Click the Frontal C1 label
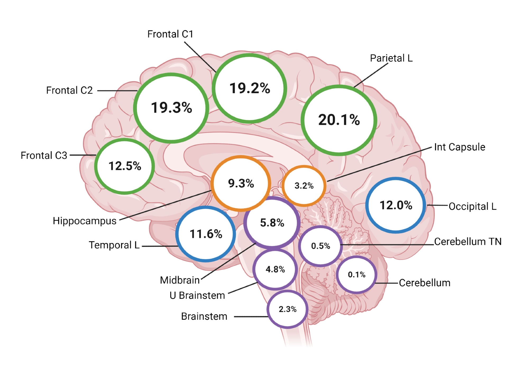pos(170,34)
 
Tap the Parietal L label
pos(391,58)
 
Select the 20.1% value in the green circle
pos(339,120)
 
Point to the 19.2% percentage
pos(250,88)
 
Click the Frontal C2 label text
pos(69,91)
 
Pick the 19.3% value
pos(171,108)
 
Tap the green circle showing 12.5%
pos(125,166)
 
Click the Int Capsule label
pos(460,147)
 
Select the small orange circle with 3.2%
pos(304,186)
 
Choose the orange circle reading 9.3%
pos(241,183)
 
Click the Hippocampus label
pos(84,221)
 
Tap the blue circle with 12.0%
pos(396,205)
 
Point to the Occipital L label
pos(473,206)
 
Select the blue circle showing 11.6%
pos(206,234)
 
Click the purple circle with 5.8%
pos(272,223)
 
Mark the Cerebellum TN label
pos(468,242)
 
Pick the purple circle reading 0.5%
pos(321,246)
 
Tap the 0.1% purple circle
pos(357,275)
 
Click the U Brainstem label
pos(197,296)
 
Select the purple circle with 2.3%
pos(288,309)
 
